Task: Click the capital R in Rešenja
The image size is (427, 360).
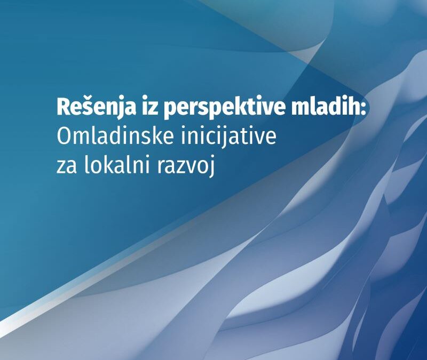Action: pyautogui.click(x=62, y=108)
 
